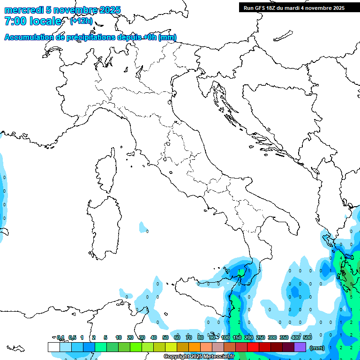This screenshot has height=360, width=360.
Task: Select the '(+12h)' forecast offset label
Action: (81, 21)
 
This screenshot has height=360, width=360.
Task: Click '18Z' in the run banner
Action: (271, 8)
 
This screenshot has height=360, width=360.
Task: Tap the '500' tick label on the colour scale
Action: (307, 337)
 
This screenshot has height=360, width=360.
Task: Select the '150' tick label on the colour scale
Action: (237, 337)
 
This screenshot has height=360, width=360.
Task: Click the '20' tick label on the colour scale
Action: (130, 337)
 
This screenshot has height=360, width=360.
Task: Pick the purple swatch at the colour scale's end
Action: (300, 347)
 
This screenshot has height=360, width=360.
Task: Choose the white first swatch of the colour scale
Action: (53, 347)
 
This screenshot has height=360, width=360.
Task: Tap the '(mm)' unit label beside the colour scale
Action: (317, 348)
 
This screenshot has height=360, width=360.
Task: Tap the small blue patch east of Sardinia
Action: (143, 228)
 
